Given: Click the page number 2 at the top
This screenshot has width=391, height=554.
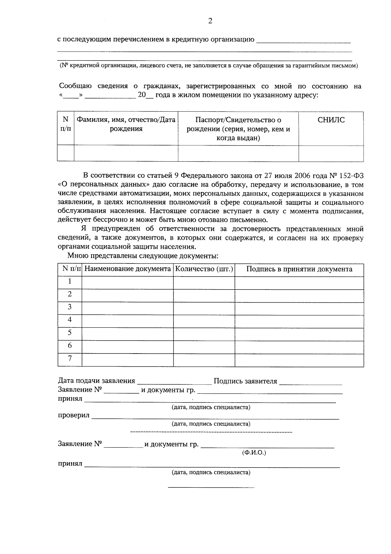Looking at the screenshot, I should click(210, 21).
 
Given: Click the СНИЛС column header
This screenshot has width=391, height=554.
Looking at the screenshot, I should click(331, 120).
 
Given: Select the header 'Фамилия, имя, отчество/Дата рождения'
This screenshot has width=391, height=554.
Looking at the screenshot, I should click(126, 124).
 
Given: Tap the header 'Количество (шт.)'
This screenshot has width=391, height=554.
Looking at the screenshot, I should click(204, 269).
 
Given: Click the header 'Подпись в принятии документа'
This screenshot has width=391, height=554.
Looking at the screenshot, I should click(299, 269).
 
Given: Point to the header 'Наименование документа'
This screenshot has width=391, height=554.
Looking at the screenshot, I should click(127, 269).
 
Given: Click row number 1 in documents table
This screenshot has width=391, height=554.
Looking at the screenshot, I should click(69, 281).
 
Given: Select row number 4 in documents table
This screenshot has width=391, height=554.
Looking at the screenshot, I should click(69, 320).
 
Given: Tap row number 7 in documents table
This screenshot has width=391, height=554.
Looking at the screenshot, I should click(69, 358).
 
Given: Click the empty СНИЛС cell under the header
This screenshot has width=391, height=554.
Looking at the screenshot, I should click(331, 153).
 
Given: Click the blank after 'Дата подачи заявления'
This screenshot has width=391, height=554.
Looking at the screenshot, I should click(174, 381).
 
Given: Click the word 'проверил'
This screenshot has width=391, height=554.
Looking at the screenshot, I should click(73, 416).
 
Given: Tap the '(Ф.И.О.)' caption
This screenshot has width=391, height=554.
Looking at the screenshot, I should click(254, 453).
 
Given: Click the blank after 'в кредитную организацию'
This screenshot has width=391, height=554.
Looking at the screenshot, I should click(303, 40).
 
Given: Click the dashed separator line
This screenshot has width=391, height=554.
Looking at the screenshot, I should click(211, 432).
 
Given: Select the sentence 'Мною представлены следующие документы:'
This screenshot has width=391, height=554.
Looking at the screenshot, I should click(143, 256).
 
